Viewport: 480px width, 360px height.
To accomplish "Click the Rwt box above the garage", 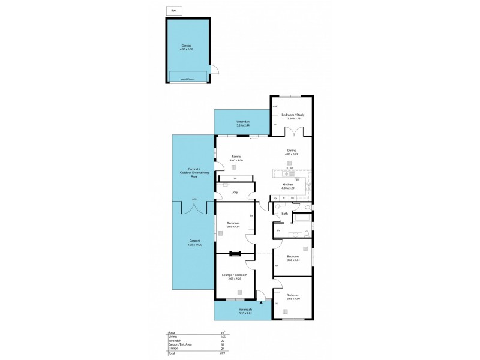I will pos(173,11).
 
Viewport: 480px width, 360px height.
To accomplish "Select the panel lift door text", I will pos(188,79).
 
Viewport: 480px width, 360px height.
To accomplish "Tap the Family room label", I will pos(236,158).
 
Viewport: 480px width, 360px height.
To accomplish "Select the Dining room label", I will pos(292,153).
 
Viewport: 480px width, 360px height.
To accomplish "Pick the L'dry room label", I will pos(235,192).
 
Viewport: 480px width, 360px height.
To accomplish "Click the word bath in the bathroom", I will pos(285,213).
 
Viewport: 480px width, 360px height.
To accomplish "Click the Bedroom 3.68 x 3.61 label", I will pos(293,259).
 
